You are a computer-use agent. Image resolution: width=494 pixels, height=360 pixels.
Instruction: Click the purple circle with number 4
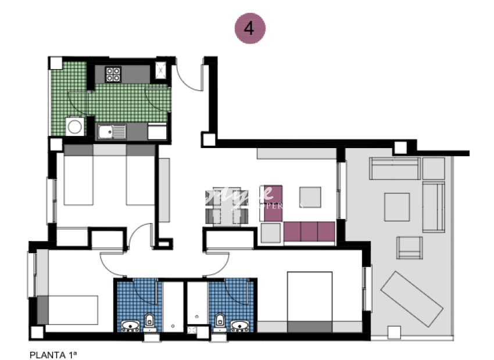coord(250,28)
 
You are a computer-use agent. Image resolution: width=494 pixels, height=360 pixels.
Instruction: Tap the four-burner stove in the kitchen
coord(113,74)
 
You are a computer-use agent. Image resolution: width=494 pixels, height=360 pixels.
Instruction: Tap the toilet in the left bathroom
coord(149,320)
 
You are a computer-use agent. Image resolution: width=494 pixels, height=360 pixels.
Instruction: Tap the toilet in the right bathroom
coord(220,321)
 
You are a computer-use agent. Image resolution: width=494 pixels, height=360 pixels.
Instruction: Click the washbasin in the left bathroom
coord(130,326)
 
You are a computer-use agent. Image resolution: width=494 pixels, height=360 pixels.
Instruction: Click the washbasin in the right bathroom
coord(239,326)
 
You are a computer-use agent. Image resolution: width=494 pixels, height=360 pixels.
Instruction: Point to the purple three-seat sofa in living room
coord(309,232)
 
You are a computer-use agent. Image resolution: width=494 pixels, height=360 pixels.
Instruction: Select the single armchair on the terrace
coord(410,247)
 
